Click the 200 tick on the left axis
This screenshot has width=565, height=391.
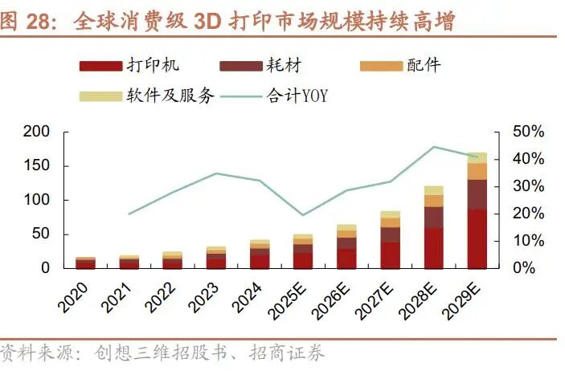pyautogui.click(x=37, y=132)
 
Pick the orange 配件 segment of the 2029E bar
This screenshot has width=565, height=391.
pyautogui.click(x=477, y=171)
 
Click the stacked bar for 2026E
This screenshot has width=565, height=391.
pyautogui.click(x=347, y=246)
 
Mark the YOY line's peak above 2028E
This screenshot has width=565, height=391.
pyautogui.click(x=434, y=147)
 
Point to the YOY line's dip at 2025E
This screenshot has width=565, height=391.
pyautogui.click(x=303, y=215)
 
